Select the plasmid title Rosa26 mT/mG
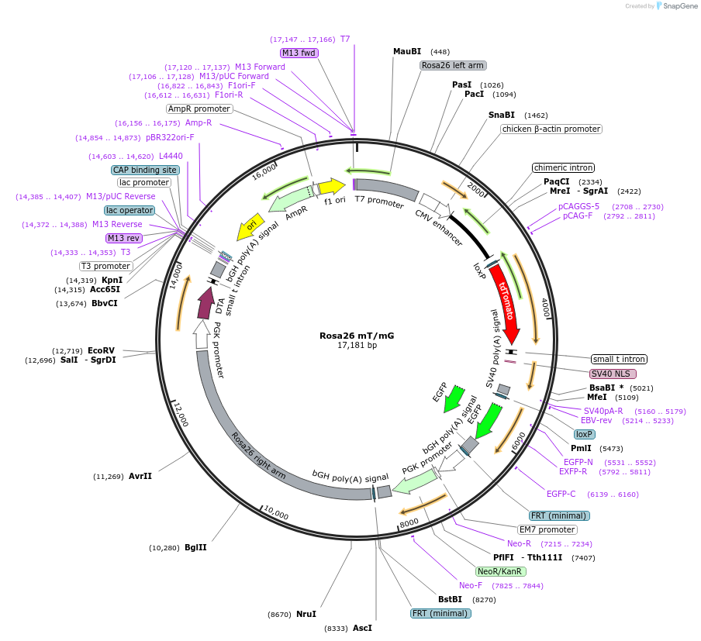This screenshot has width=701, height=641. (x=357, y=336)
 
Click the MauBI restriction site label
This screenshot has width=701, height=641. (x=406, y=51)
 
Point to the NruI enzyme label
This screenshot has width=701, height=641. (x=306, y=614)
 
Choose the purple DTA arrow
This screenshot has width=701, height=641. (x=205, y=303)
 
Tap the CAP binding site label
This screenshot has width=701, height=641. (x=145, y=170)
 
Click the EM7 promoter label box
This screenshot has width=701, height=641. (x=547, y=529)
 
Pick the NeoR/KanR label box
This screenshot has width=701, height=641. (x=499, y=571)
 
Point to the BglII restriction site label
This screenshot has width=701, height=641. (x=195, y=547)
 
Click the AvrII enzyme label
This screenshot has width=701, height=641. (x=140, y=476)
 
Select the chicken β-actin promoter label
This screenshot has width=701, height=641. (x=551, y=129)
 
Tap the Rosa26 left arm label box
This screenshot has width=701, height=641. (x=453, y=65)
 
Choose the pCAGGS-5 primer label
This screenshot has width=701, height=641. (x=578, y=207)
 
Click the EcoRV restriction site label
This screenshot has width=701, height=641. (x=101, y=350)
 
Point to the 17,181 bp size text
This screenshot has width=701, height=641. (x=357, y=346)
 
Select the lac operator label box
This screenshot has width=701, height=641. (x=129, y=210)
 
